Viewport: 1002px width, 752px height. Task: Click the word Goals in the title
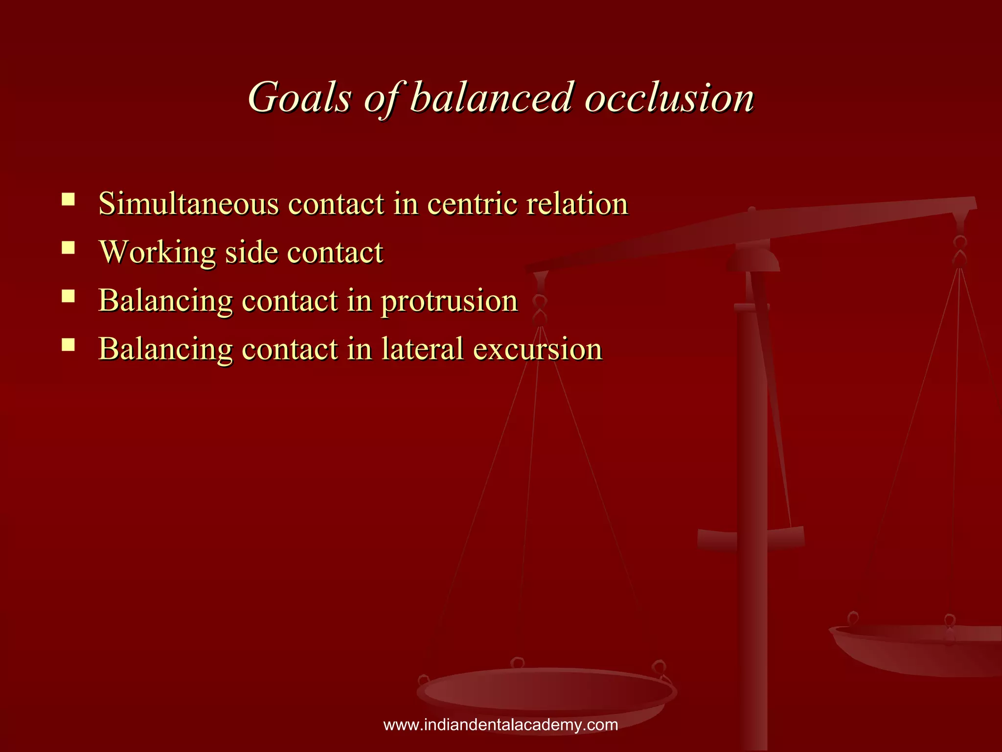pos(299,97)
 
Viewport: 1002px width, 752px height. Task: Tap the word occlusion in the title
pos(669,97)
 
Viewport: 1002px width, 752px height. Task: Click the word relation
pos(577,204)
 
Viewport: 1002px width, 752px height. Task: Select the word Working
pos(157,253)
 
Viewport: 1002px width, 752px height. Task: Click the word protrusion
pos(449,301)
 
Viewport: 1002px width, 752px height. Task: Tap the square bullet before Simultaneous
pos(68,199)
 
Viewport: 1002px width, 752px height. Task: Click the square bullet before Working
pos(68,248)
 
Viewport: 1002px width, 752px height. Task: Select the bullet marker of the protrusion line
pos(68,296)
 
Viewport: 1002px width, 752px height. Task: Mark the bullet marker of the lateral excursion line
pos(68,345)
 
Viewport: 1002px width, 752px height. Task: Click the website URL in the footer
pos(501,725)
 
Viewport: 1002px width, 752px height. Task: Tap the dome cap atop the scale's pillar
pos(752,259)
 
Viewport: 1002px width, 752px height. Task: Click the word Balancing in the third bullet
pos(165,301)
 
